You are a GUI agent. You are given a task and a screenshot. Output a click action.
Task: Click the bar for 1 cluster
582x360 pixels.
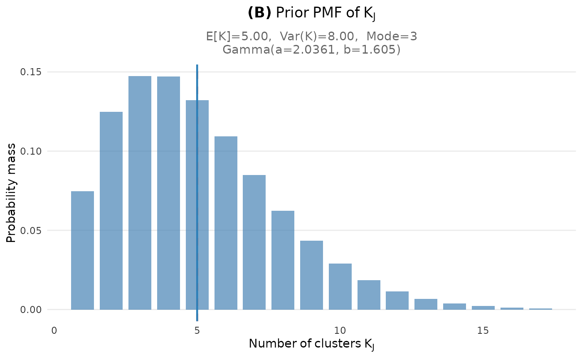[82, 250]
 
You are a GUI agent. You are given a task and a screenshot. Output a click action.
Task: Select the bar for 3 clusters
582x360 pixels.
[140, 193]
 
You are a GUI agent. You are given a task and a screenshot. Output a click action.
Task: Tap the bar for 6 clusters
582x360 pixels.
[226, 223]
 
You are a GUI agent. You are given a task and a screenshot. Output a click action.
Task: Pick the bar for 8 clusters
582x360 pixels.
[283, 260]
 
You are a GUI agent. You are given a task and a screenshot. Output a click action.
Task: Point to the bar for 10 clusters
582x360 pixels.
[340, 286]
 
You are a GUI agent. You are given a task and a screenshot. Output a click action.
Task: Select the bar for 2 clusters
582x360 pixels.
[111, 211]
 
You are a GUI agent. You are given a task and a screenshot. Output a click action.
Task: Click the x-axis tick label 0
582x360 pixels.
[54, 331]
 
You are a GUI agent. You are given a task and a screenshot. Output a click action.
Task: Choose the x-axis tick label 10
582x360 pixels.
[340, 331]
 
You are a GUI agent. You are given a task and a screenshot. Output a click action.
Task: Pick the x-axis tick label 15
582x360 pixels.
[483, 331]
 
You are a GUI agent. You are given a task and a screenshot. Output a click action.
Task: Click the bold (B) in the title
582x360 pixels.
[259, 13]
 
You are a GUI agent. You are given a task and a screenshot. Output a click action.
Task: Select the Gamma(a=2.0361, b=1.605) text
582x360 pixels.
[312, 50]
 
